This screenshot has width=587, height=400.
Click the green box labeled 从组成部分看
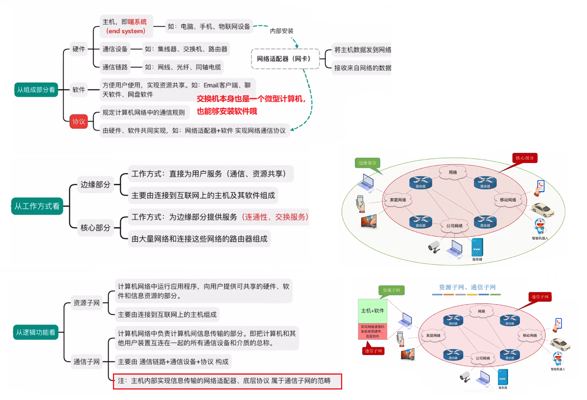coord(36,90)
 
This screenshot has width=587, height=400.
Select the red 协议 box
coord(79,121)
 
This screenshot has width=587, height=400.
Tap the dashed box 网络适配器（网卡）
coord(285,59)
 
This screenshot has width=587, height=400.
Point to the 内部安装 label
coord(281,31)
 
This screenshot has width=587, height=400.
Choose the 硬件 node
coord(79,49)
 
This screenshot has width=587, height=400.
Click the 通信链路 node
coord(115,67)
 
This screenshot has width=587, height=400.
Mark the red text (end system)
coord(126,31)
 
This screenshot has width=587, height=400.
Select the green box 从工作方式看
coord(37,206)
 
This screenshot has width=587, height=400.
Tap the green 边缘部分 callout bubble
coord(367,163)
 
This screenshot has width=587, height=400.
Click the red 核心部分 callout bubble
coord(524,158)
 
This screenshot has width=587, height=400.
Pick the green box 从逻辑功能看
coord(36,332)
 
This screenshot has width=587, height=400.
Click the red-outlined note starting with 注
coord(227,381)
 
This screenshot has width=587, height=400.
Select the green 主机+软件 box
coord(372,311)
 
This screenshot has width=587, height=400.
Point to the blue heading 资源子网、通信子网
coord(467,287)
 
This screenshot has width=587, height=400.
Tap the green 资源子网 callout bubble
coord(391,290)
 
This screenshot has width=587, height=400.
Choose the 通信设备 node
coord(115,49)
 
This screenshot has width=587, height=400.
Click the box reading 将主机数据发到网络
coord(362,50)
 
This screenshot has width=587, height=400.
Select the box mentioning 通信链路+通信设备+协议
coord(173,362)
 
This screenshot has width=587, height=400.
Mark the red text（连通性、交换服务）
coord(275,217)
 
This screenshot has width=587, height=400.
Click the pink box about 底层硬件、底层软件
coord(372,331)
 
